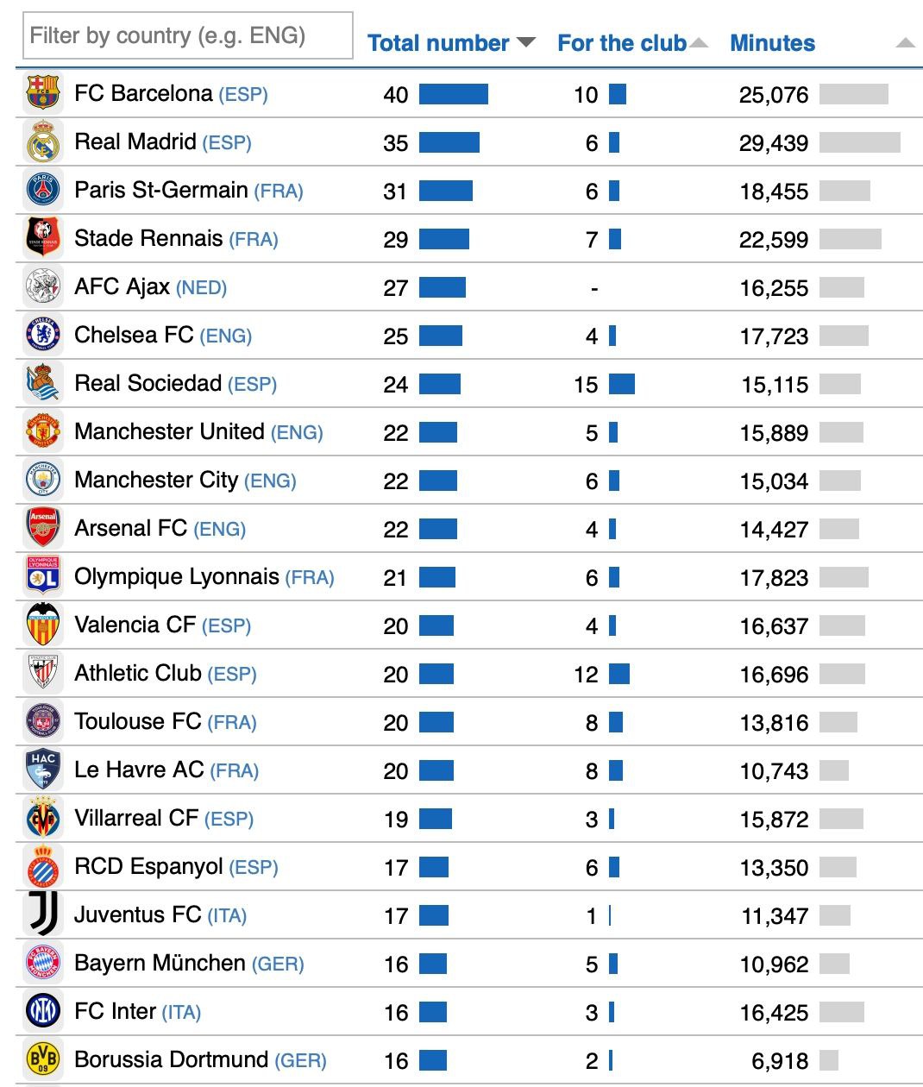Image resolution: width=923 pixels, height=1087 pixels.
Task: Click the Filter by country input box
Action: point(187,35)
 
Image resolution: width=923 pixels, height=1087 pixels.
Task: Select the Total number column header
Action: point(438,43)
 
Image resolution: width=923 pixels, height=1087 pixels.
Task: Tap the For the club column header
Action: point(621,43)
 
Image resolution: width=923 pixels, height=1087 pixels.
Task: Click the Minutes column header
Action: point(772,43)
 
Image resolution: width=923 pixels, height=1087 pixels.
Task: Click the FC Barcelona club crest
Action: point(43,93)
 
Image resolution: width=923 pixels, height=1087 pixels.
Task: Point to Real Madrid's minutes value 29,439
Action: point(774,143)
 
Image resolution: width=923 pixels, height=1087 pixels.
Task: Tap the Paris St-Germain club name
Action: point(161,190)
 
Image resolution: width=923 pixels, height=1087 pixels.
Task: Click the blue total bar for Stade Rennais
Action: point(444,239)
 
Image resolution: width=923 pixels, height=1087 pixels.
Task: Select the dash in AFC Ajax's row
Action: point(593,288)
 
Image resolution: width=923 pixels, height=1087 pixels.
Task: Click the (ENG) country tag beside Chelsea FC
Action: point(226,336)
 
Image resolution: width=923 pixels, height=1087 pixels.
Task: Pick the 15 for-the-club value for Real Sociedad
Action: point(586,385)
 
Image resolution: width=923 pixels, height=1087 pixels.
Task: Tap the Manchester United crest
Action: point(43,431)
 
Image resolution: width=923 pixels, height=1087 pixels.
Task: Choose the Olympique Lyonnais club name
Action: point(177,576)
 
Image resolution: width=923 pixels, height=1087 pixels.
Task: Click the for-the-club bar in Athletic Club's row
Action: point(619,674)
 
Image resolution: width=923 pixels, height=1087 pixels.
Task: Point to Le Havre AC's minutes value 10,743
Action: point(774,771)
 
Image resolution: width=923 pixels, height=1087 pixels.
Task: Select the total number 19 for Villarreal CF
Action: point(396,820)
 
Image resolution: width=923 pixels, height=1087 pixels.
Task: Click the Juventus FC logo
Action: point(43,914)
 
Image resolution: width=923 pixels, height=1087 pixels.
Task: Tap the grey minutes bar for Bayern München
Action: point(834,964)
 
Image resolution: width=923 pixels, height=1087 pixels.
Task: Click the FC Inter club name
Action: point(116,1011)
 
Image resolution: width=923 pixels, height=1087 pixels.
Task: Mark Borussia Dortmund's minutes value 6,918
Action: point(780,1061)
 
